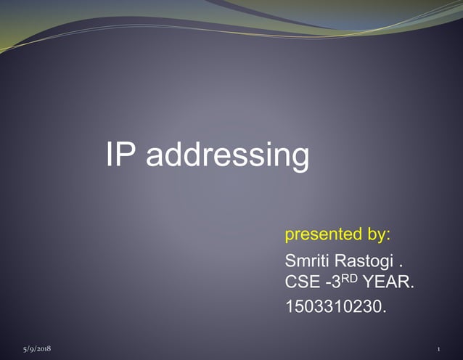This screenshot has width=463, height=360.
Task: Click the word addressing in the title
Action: pos(227,156)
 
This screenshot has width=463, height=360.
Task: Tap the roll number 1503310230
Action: pos(336,308)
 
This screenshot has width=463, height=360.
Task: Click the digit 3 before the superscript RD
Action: pos(340,282)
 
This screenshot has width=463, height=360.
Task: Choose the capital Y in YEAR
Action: pos(369,282)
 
